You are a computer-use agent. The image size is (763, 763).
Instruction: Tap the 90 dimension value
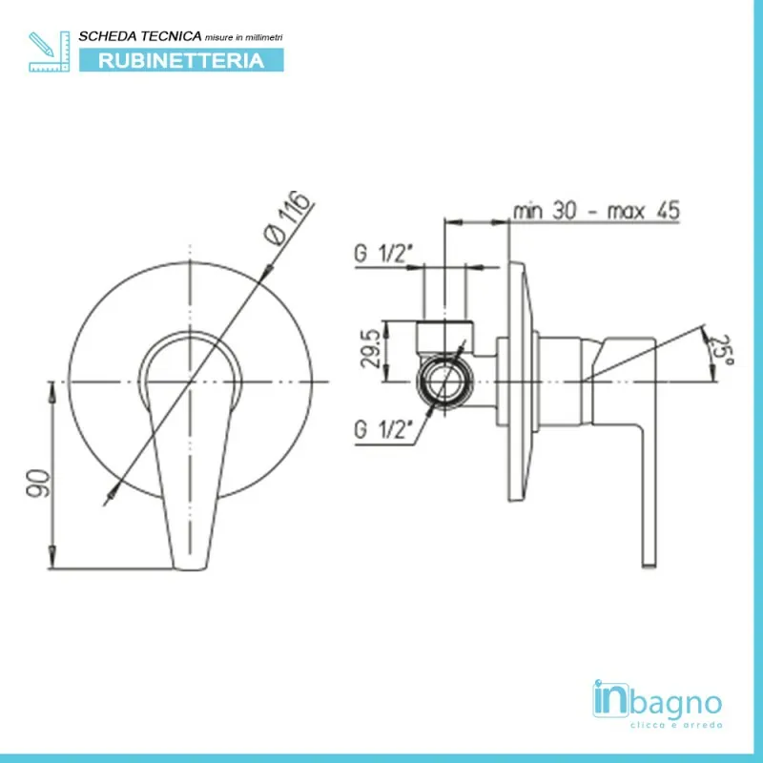(x=38, y=483)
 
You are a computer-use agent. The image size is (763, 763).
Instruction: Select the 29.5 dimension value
(x=370, y=348)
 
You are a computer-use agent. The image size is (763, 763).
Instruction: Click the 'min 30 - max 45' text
(x=596, y=211)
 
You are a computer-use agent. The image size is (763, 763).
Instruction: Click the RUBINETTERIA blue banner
(x=181, y=60)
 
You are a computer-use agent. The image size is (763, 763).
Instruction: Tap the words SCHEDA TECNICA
(x=140, y=36)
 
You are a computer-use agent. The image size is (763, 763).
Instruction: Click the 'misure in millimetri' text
(x=244, y=37)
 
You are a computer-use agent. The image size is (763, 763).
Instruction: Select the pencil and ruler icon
(x=50, y=52)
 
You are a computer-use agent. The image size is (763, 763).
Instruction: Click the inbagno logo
(x=657, y=704)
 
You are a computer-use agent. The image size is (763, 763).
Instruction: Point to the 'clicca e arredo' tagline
(x=676, y=725)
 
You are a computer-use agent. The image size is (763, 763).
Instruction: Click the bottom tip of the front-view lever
(x=190, y=568)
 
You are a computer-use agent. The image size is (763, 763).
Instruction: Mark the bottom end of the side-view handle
(x=650, y=566)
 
